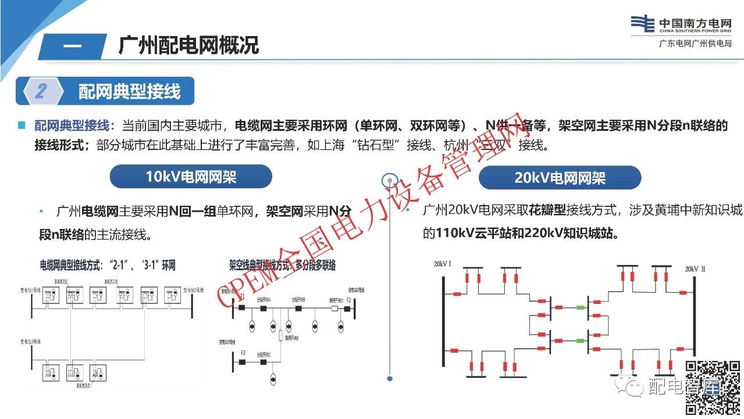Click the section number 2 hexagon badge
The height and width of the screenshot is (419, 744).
41,91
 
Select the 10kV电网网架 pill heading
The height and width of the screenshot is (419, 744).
191,177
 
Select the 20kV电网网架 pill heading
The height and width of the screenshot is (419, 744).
560,178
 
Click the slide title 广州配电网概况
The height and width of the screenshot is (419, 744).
188,45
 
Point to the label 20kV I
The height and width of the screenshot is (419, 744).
442,264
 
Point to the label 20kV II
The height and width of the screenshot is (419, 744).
695,269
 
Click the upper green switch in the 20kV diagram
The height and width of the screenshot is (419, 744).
579,307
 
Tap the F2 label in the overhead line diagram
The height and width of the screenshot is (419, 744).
348,300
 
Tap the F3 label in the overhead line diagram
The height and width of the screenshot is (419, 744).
243,353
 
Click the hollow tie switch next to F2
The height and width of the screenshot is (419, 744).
334,309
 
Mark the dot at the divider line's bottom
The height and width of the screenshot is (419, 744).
390,378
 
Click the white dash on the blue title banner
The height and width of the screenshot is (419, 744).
72,46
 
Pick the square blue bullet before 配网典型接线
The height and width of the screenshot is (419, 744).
22,125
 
